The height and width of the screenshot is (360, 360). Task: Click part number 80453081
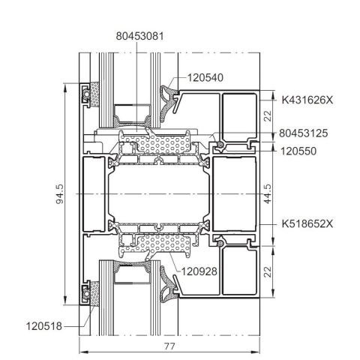point(140,36)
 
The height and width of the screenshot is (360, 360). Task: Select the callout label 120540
point(205,78)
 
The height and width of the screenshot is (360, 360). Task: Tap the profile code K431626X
point(307,100)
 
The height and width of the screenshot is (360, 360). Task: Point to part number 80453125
point(303,133)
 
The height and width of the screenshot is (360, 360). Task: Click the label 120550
point(298,151)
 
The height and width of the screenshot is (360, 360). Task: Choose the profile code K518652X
point(307,223)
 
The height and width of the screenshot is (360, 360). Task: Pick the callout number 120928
point(199,271)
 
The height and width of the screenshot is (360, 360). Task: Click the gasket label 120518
point(44,326)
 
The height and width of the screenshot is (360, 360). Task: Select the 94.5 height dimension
point(59,194)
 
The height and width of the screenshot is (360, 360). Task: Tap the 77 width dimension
point(169,346)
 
